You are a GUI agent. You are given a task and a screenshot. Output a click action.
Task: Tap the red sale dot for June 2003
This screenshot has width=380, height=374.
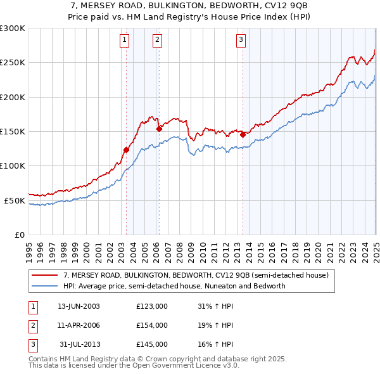pyautogui.click(x=126, y=150)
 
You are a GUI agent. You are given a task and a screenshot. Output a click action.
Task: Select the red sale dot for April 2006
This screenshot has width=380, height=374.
pyautogui.click(x=159, y=129)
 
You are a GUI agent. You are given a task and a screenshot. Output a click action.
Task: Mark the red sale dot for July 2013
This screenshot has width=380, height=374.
pyautogui.click(x=243, y=134)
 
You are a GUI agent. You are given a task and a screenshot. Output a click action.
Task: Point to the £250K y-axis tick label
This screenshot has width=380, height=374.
pyautogui.click(x=12, y=63)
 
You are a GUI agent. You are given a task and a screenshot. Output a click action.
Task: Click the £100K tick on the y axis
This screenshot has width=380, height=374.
pyautogui.click(x=12, y=166)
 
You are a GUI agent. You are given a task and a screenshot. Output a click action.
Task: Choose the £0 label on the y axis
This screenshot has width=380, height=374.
pyautogui.click(x=19, y=235)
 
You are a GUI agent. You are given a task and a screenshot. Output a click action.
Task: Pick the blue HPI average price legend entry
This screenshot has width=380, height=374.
pyautogui.click(x=174, y=286)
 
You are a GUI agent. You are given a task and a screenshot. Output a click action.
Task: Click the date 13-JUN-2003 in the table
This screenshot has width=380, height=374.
pyautogui.click(x=79, y=306)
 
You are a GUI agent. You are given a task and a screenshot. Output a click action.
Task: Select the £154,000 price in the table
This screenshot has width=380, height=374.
pyautogui.click(x=152, y=325)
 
